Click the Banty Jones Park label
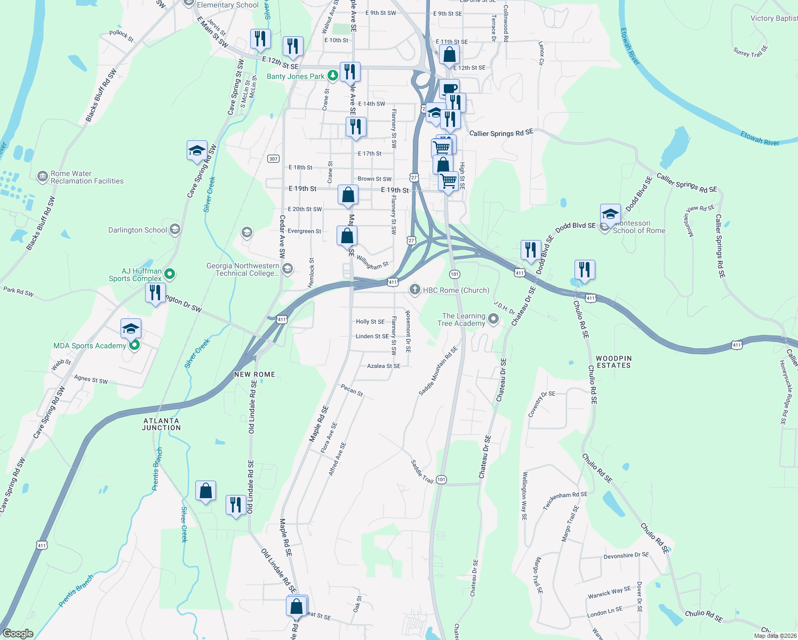click(296, 76)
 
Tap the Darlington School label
click(138, 230)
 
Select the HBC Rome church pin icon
click(414, 290)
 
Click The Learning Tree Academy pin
click(493, 319)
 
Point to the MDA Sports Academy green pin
click(134, 346)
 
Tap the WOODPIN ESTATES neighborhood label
click(613, 362)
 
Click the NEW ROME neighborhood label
click(254, 374)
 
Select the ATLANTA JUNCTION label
click(162, 424)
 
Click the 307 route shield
click(273, 158)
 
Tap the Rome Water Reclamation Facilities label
click(87, 177)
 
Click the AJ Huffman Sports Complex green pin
click(170, 274)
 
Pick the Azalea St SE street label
click(384, 366)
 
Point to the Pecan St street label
click(352, 390)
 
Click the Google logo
click(18, 634)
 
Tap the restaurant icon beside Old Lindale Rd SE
click(236, 504)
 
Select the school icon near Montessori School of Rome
click(610, 214)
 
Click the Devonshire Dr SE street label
click(626, 556)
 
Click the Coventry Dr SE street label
click(541, 404)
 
